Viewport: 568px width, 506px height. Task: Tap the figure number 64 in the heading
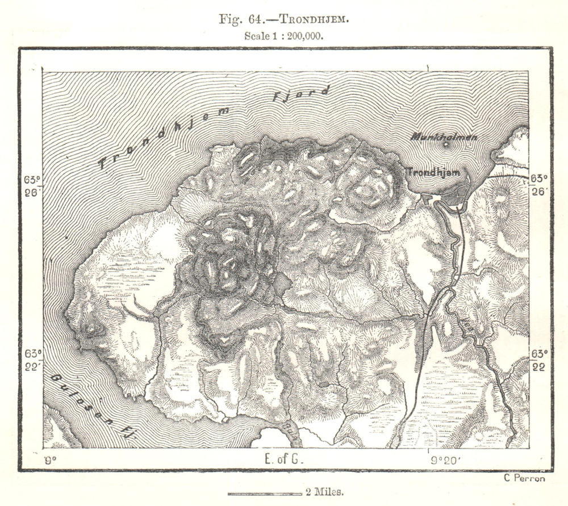[x=255, y=18]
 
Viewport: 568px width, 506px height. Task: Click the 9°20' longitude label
[x=446, y=459]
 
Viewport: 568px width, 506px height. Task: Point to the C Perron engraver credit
[x=524, y=478]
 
